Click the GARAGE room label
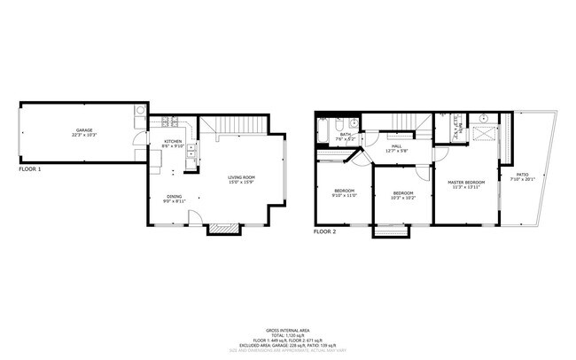[84, 130]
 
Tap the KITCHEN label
[173, 142]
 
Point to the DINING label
[174, 198]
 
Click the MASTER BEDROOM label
[466, 182]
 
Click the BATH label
[345, 135]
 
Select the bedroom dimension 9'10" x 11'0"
[345, 195]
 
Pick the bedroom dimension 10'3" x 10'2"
[403, 197]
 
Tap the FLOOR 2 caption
[325, 231]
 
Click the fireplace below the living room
[223, 229]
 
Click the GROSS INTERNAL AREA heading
[287, 329]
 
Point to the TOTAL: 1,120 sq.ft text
[287, 334]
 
